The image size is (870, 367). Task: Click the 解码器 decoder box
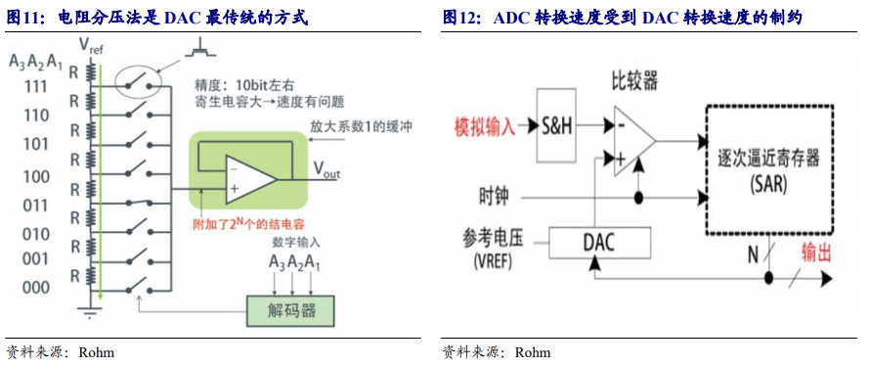[290, 310]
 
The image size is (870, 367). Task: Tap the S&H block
[556, 126]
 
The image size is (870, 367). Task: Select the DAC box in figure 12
[599, 243]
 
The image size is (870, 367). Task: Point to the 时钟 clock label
[494, 197]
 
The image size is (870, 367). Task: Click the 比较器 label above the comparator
[634, 82]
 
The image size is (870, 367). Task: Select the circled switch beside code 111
[139, 84]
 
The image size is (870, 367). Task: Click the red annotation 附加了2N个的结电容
[248, 222]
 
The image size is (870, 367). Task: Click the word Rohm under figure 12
[533, 352]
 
